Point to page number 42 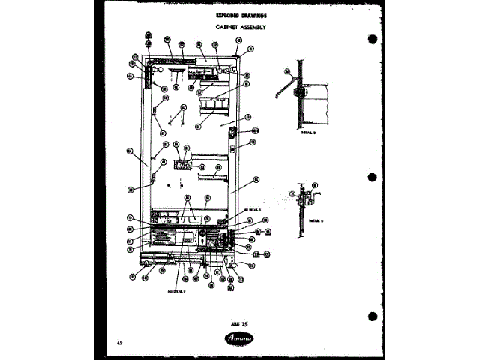click(120, 342)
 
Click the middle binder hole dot click(373, 178)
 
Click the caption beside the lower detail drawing click(314, 221)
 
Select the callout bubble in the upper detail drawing click(287, 72)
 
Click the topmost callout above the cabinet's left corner click(148, 34)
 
